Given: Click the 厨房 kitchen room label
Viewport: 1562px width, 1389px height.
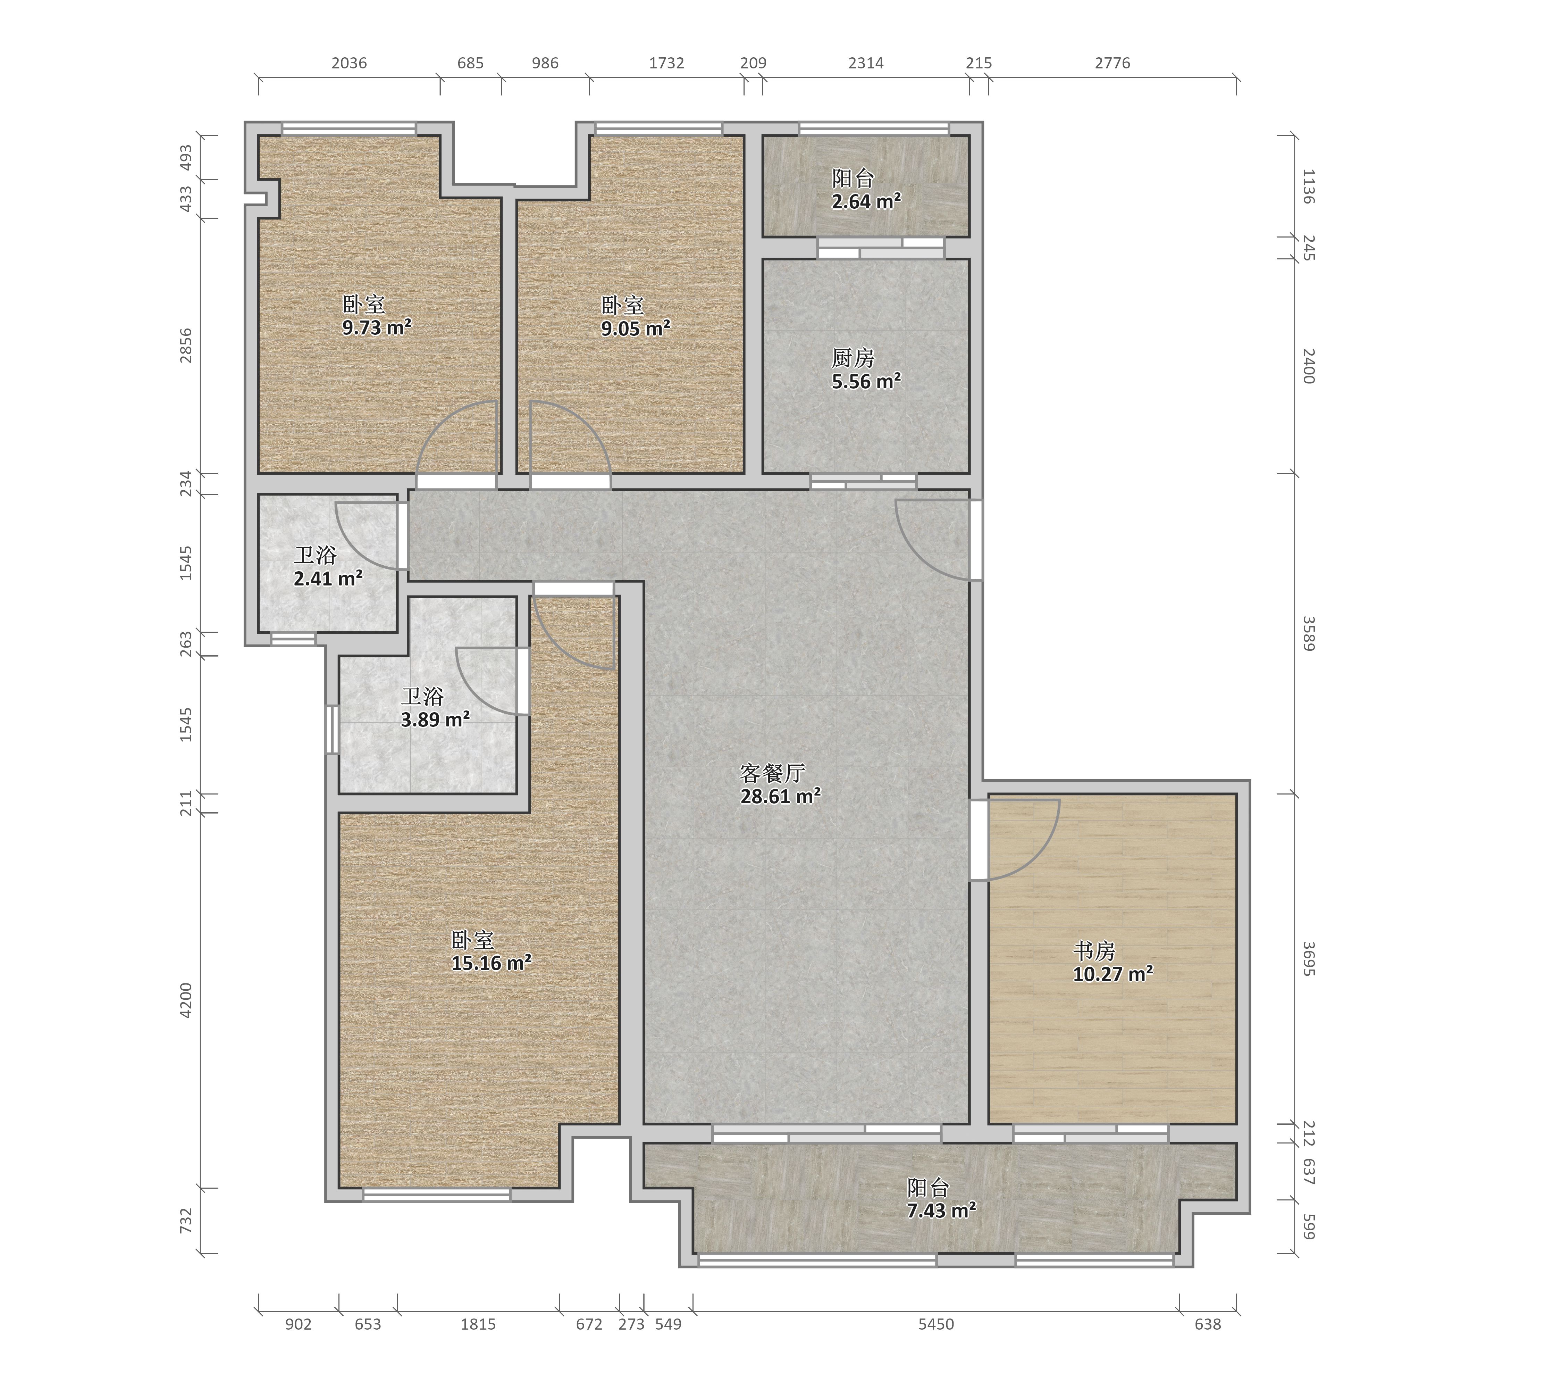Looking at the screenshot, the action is [x=853, y=358].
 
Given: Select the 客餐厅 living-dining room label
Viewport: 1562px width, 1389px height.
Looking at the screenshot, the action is [x=773, y=774].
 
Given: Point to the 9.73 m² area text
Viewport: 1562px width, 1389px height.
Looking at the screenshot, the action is [x=377, y=328].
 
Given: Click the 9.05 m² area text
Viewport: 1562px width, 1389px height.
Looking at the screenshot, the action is [x=636, y=329].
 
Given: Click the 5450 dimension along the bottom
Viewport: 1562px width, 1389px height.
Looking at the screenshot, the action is [x=936, y=1324].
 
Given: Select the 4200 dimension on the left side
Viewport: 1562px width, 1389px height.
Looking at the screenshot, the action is [x=186, y=1000].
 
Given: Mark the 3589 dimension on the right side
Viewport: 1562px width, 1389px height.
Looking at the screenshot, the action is [x=1308, y=634].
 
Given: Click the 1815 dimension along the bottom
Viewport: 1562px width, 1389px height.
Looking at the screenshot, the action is [x=478, y=1324].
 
